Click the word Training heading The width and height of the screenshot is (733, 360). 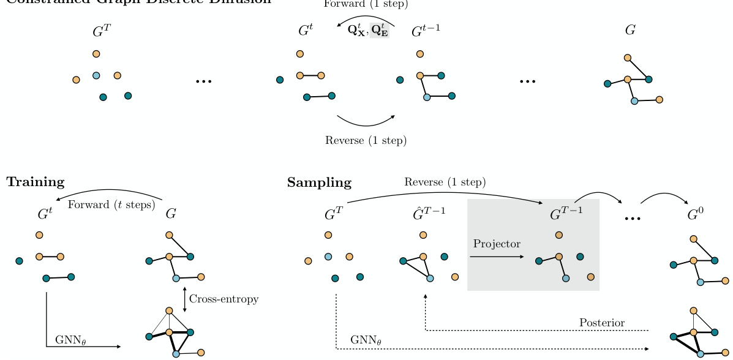tap(36, 182)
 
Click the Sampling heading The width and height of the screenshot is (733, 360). tap(319, 182)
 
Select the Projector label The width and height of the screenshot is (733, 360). tap(497, 244)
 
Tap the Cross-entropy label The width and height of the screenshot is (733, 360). tap(224, 299)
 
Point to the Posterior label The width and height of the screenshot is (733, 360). tap(601, 323)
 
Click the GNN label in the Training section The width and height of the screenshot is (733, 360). tap(70, 340)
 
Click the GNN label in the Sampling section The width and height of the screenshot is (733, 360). tap(365, 340)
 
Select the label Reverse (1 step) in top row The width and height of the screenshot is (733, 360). tap(366, 140)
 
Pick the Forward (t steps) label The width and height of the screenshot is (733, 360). tap(111, 204)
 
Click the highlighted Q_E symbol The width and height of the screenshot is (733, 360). tap(379, 29)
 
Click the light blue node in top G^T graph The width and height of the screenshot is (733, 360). tap(96, 75)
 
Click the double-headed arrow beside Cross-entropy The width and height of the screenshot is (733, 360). tap(184, 299)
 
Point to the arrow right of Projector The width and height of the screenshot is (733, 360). tap(497, 257)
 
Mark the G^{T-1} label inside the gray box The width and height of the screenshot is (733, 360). tap(567, 214)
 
